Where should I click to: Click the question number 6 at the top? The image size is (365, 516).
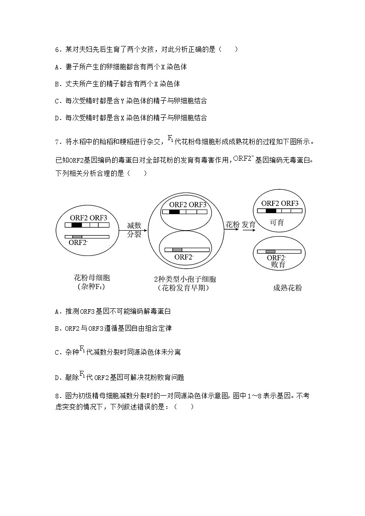(57, 49)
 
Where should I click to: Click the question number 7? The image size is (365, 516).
(57, 142)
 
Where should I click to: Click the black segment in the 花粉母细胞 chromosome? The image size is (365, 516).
(76, 225)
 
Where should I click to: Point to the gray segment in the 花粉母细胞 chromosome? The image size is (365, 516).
(77, 237)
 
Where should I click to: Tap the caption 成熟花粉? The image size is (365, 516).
(287, 288)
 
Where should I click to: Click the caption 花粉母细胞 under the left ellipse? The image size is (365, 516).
(92, 278)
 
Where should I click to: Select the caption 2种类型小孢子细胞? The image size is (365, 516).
(185, 278)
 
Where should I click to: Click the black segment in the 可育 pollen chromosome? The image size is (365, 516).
(271, 211)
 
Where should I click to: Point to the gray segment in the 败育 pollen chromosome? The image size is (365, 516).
(270, 251)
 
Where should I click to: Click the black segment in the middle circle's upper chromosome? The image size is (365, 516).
(174, 212)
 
